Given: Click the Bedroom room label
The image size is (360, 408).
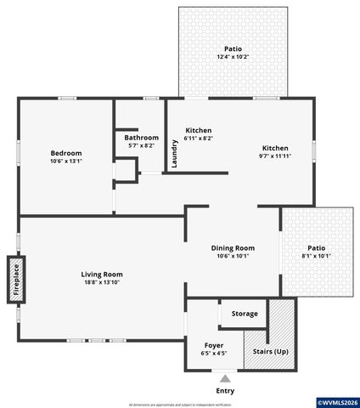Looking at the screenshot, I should (66, 152).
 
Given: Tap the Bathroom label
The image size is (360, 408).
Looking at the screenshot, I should (141, 138).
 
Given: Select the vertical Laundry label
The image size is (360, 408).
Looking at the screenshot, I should (175, 154).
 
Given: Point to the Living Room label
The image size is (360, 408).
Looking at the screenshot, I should (102, 275).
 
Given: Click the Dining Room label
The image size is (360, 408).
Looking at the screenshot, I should (232, 247).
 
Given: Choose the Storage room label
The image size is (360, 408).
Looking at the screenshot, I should (245, 314).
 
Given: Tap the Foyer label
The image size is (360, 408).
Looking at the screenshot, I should (214, 346).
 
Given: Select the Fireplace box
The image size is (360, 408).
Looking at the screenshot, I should (14, 280).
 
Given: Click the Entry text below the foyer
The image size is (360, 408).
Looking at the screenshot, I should (225, 391).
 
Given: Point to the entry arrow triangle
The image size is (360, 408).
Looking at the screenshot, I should (225, 377).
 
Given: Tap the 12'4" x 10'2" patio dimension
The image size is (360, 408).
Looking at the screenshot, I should (232, 57).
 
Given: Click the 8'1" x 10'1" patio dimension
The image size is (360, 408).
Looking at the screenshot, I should (316, 256).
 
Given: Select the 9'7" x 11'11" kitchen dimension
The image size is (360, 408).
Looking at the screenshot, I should (274, 156).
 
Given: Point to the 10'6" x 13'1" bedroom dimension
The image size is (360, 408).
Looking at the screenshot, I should (66, 161).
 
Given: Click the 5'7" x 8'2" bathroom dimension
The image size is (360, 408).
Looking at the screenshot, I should (141, 146).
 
